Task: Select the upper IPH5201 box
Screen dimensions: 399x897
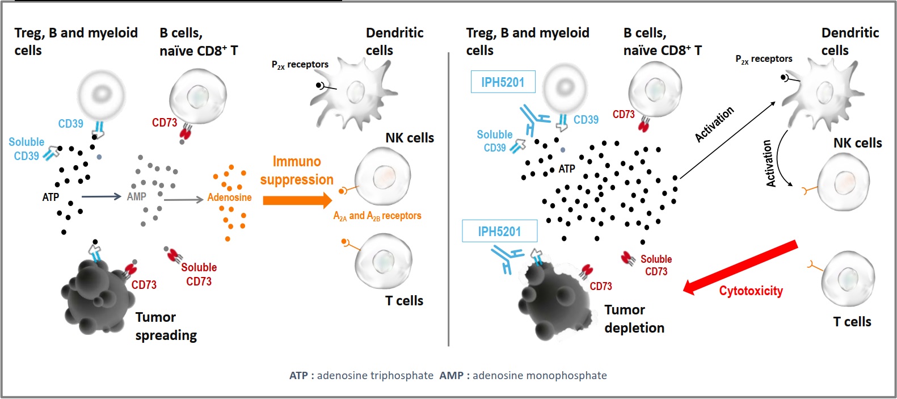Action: pyautogui.click(x=502, y=82)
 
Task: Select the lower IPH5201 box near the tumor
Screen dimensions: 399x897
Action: pyautogui.click(x=499, y=231)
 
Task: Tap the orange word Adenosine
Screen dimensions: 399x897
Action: pyautogui.click(x=229, y=198)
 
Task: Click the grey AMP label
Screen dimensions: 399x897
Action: pyautogui.click(x=136, y=196)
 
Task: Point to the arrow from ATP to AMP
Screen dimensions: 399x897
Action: pyautogui.click(x=101, y=196)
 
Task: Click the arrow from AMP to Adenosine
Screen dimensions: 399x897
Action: pyautogui.click(x=183, y=199)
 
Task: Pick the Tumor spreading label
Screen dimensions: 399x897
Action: pyautogui.click(x=165, y=326)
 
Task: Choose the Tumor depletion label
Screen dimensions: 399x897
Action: pyautogui.click(x=634, y=319)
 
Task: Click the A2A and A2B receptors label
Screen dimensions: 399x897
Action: pyautogui.click(x=377, y=216)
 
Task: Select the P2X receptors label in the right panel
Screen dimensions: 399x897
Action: pyautogui.click(x=764, y=59)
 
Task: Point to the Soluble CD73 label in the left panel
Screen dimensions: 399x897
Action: pyautogui.click(x=199, y=274)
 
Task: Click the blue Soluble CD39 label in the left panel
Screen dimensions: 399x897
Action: pyautogui.click(x=26, y=149)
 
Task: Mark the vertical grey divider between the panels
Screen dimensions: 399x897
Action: pyautogui.click(x=449, y=199)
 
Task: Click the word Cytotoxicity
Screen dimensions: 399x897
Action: pyautogui.click(x=751, y=291)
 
